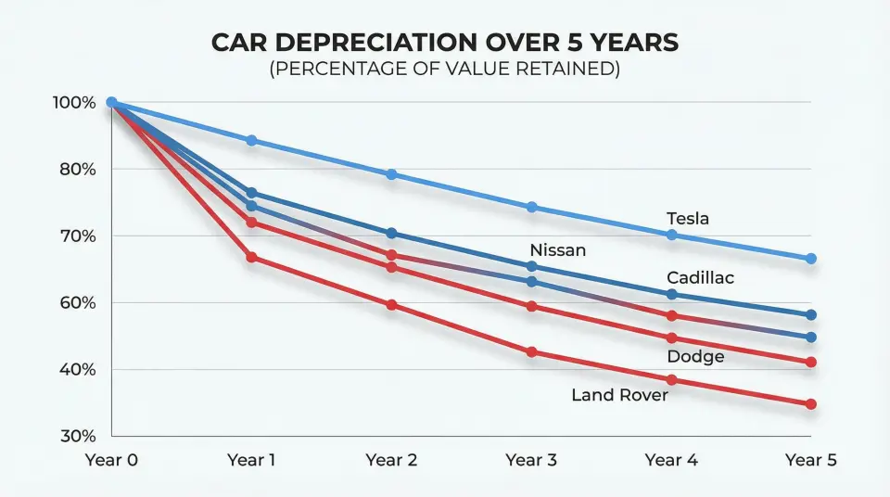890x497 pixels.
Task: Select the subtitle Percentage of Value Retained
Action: tap(444, 70)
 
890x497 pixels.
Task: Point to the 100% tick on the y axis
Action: tap(74, 102)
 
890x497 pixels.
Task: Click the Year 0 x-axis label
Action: tap(110, 459)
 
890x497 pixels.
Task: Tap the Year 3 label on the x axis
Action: tap(531, 459)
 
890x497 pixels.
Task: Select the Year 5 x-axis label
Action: tap(810, 459)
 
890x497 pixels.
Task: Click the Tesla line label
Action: tap(687, 219)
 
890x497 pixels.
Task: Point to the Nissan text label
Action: tap(557, 250)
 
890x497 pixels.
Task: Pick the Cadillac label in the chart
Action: tap(701, 278)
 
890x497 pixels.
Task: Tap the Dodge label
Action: tap(695, 356)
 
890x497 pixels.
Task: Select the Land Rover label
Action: tap(619, 395)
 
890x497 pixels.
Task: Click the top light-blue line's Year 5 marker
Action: tap(810, 259)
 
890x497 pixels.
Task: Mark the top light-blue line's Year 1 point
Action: tap(251, 140)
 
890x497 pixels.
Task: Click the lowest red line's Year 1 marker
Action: tap(251, 257)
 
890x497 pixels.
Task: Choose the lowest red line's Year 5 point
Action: tap(810, 404)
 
